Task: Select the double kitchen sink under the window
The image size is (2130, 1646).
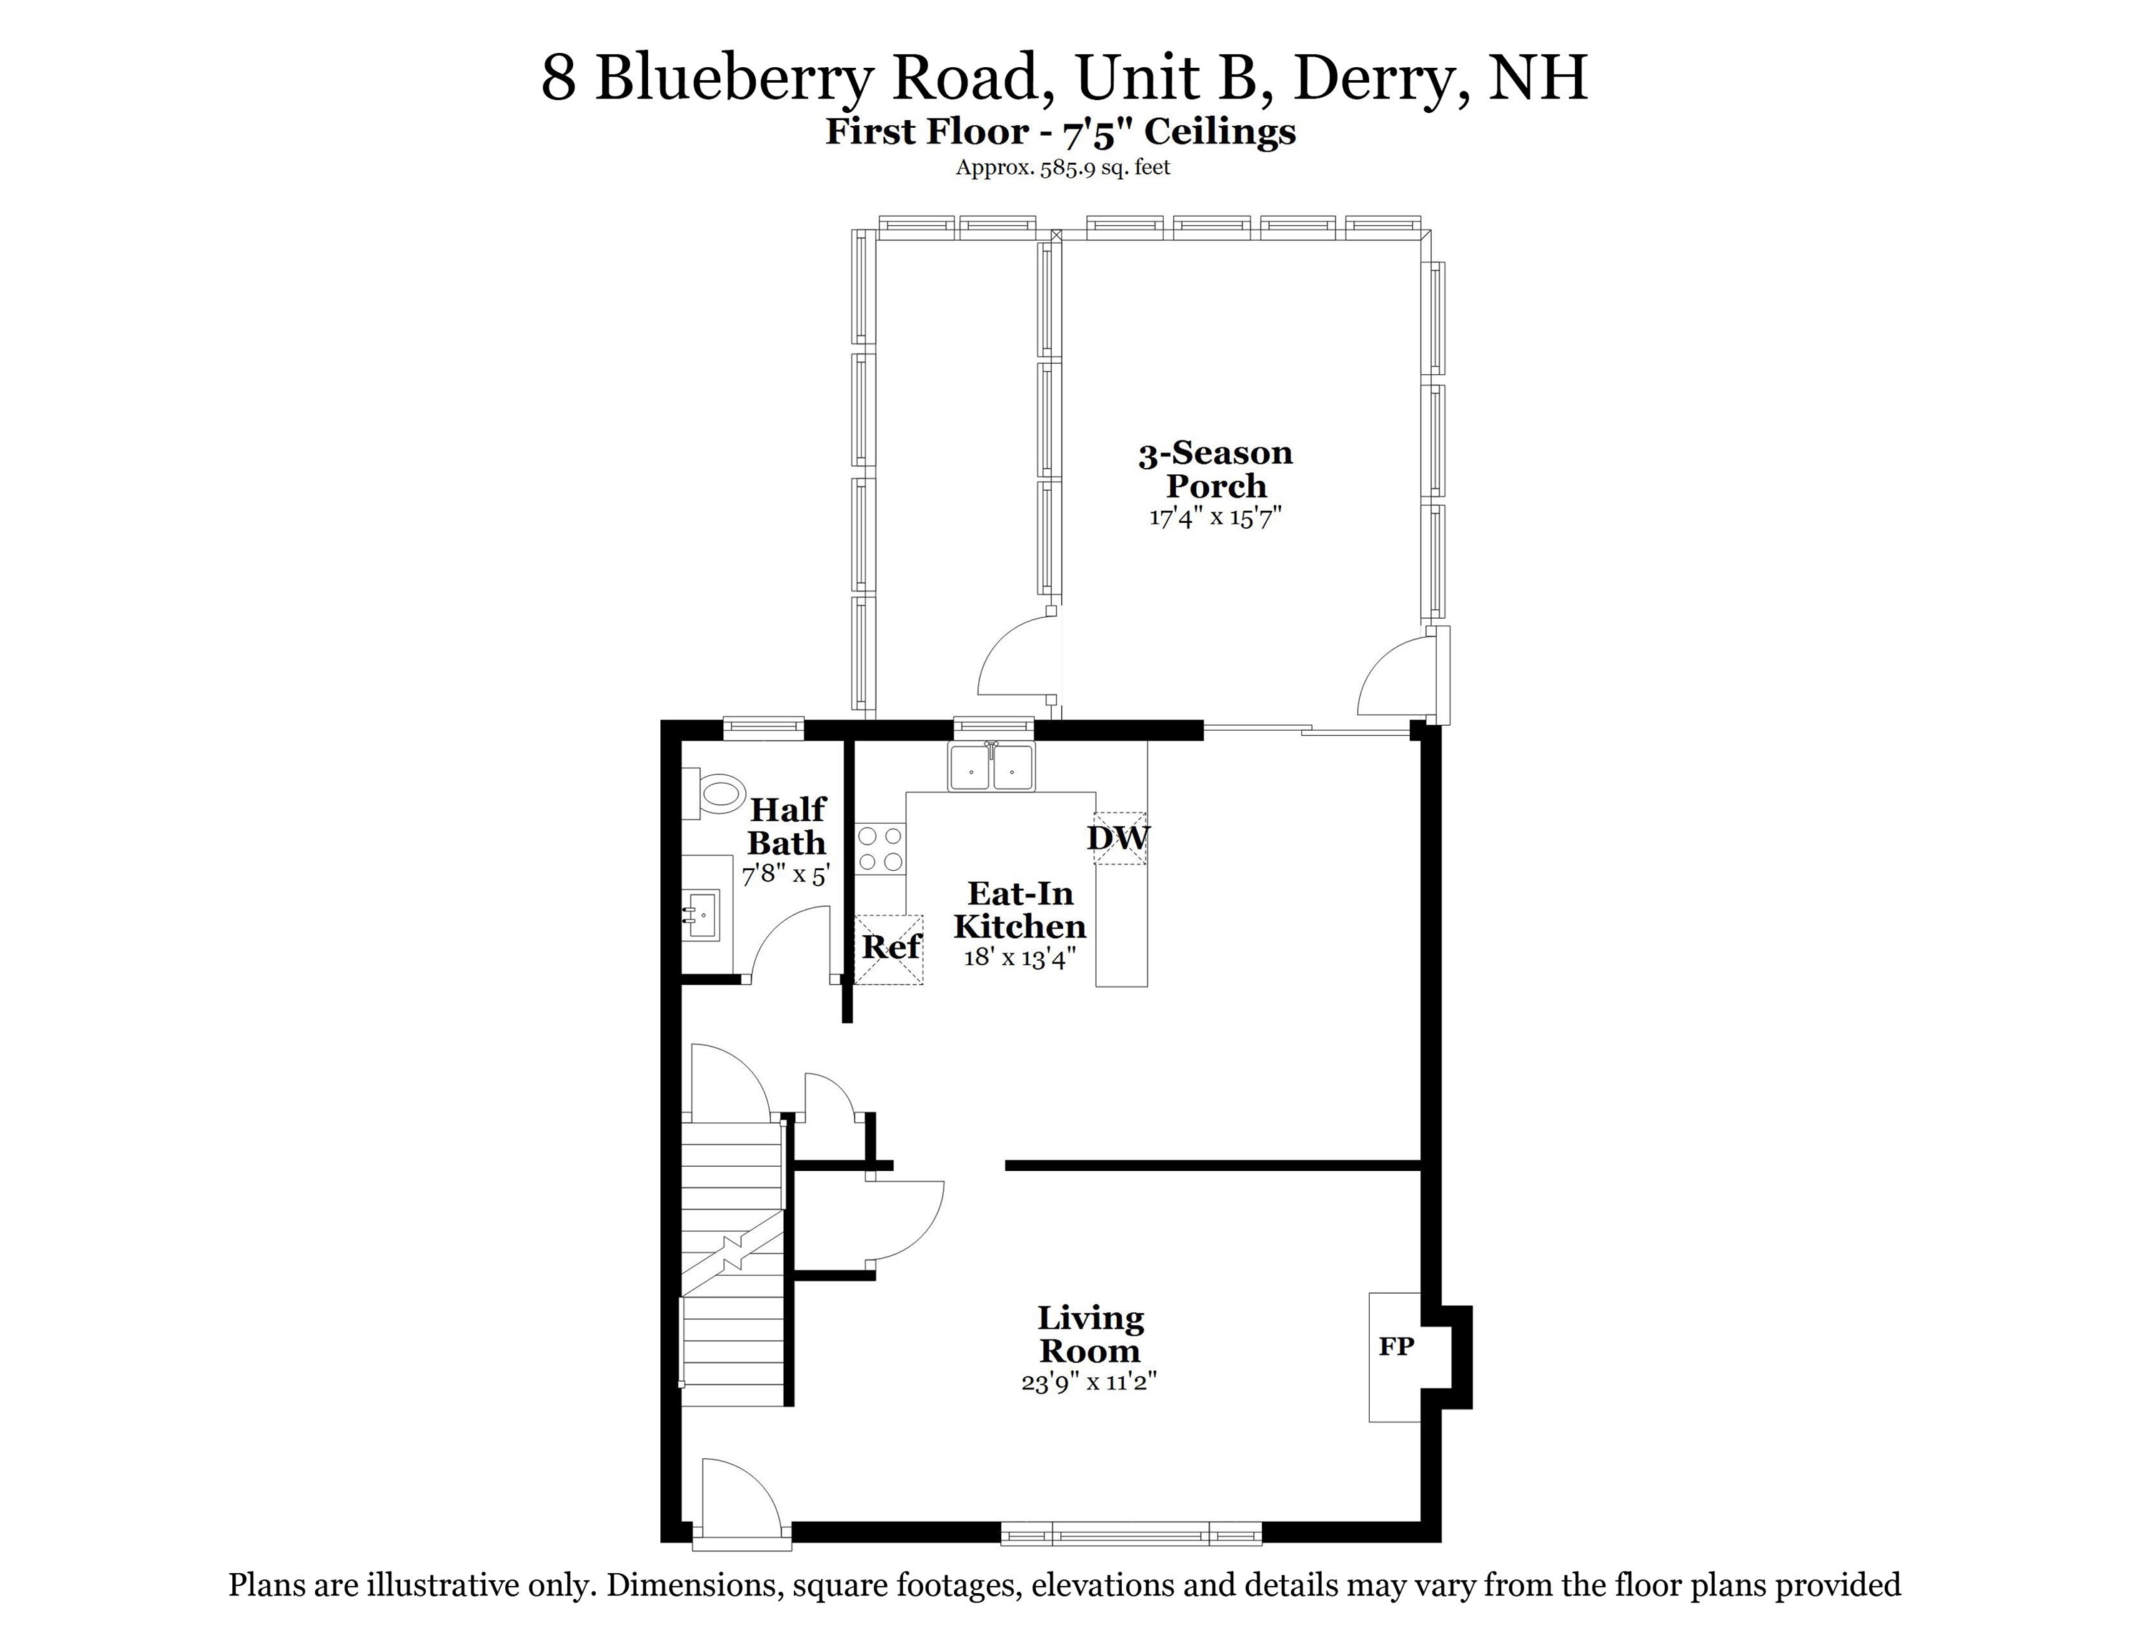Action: tap(991, 767)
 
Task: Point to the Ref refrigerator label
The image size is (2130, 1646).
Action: tap(890, 947)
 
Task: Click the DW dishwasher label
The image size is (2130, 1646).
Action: tap(1119, 837)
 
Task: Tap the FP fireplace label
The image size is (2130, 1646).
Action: tap(1395, 1347)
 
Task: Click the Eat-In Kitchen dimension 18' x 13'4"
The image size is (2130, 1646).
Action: tap(1019, 957)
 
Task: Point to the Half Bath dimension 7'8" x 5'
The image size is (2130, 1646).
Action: tap(785, 874)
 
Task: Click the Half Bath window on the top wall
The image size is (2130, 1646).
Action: tap(762, 727)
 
